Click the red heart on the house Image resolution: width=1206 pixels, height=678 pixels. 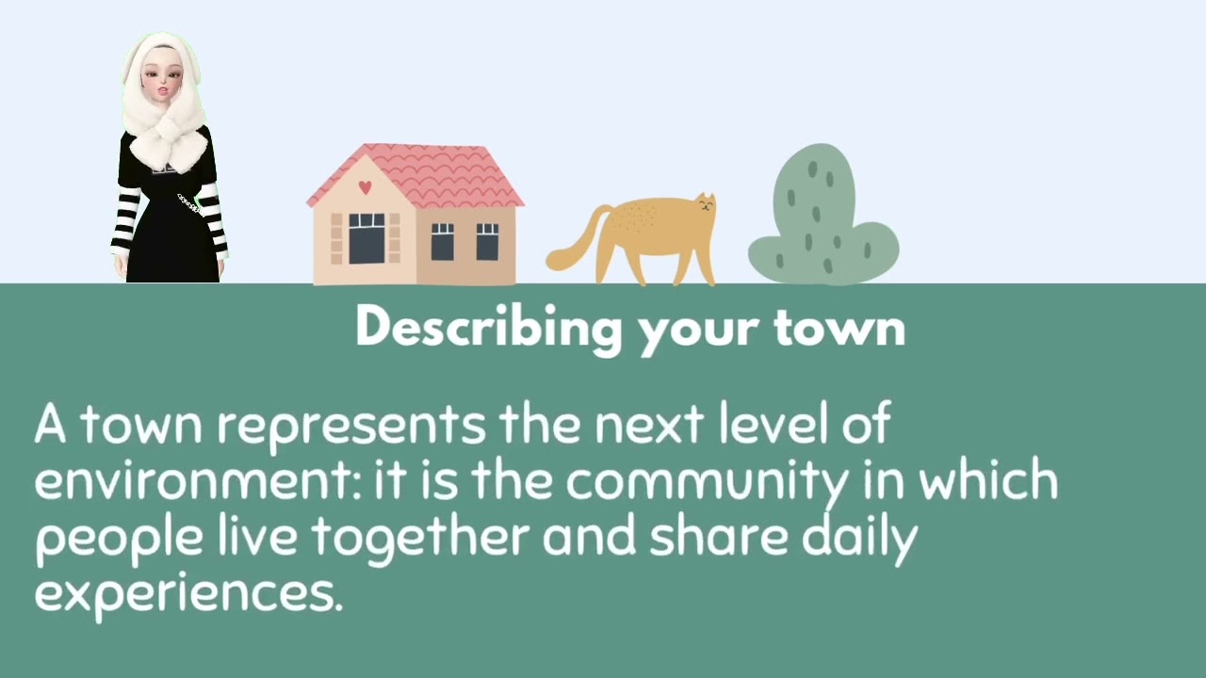[x=366, y=186]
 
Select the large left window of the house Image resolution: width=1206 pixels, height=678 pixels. [x=367, y=238]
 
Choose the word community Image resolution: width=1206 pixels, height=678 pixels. [x=706, y=482]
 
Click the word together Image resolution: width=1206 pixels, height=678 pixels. [x=420, y=538]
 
